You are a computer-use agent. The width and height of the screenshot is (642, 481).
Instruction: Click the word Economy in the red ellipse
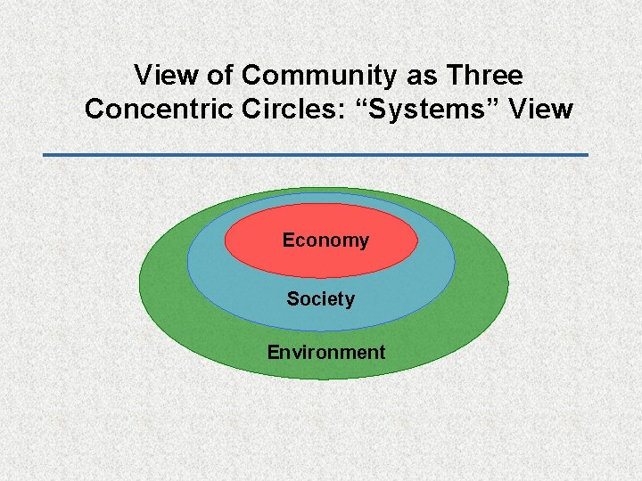[325, 240]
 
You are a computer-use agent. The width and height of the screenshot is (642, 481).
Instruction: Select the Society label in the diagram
[320, 299]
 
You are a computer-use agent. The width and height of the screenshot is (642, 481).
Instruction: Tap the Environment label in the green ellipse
[325, 352]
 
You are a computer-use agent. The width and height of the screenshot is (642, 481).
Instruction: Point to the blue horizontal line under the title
[316, 155]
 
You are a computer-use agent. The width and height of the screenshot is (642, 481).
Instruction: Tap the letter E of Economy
[288, 240]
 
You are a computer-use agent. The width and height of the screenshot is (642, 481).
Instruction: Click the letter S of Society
[292, 299]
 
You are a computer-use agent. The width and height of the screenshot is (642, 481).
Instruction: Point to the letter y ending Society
[349, 301]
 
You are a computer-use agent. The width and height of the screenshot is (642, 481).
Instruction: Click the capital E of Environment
[273, 352]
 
